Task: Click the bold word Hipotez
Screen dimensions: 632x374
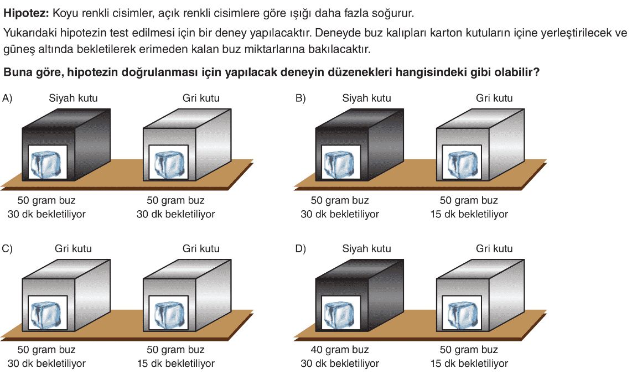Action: [x=26, y=13]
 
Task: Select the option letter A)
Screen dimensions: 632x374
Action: [x=7, y=98]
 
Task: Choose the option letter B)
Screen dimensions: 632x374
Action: [x=301, y=98]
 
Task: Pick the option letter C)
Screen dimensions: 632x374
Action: [x=7, y=248]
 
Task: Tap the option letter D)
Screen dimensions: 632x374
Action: [x=301, y=248]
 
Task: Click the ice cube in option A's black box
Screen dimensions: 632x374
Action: [x=48, y=164]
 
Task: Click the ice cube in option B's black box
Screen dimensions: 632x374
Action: [x=341, y=164]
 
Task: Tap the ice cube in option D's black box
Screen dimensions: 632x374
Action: [x=341, y=314]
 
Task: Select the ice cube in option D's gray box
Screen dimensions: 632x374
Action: [x=462, y=314]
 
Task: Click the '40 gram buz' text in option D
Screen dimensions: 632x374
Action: [x=340, y=350]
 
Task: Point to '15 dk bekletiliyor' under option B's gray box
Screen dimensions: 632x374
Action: [x=469, y=214]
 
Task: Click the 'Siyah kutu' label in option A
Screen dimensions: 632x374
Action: [x=74, y=98]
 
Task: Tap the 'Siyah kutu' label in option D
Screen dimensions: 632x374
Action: [x=367, y=248]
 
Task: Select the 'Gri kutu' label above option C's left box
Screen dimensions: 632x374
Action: [x=74, y=248]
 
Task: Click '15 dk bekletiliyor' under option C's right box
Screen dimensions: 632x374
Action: [x=176, y=363]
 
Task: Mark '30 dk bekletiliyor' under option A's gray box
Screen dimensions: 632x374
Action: [x=176, y=214]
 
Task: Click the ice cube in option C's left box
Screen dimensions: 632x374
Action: [x=48, y=314]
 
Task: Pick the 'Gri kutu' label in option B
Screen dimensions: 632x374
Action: [x=494, y=98]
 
